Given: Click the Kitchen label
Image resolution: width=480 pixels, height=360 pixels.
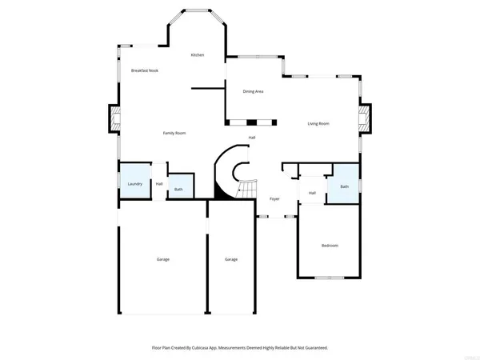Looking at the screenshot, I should tap(197, 54).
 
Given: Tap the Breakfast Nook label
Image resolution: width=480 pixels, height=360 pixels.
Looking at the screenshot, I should tap(145, 70).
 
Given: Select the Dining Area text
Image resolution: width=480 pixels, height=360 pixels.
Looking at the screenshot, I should tap(254, 91).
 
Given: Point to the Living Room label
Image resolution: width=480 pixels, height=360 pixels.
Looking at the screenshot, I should tap(319, 123).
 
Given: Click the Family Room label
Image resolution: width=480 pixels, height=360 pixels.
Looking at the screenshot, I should tap(174, 133).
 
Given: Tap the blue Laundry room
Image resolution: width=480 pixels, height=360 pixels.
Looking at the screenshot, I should tap(134, 184).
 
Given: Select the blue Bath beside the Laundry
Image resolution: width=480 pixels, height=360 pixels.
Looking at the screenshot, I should tap(178, 189).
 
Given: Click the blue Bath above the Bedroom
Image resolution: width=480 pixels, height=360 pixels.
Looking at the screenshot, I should tap(345, 186).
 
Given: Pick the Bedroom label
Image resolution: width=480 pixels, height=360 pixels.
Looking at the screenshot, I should tap(330, 245).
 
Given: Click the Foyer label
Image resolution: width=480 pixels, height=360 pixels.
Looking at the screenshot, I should tap(274, 198).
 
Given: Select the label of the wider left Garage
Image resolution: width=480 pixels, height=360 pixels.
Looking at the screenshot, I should tap(162, 259).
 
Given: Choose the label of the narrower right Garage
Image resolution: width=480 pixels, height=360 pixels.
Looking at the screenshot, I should tap(231, 259).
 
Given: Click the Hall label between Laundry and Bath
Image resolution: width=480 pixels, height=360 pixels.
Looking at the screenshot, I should tap(159, 184).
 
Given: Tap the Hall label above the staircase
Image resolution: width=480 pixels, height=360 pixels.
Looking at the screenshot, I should tap(251, 138).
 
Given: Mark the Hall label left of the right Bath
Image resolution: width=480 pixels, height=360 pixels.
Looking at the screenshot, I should tap(312, 193).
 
